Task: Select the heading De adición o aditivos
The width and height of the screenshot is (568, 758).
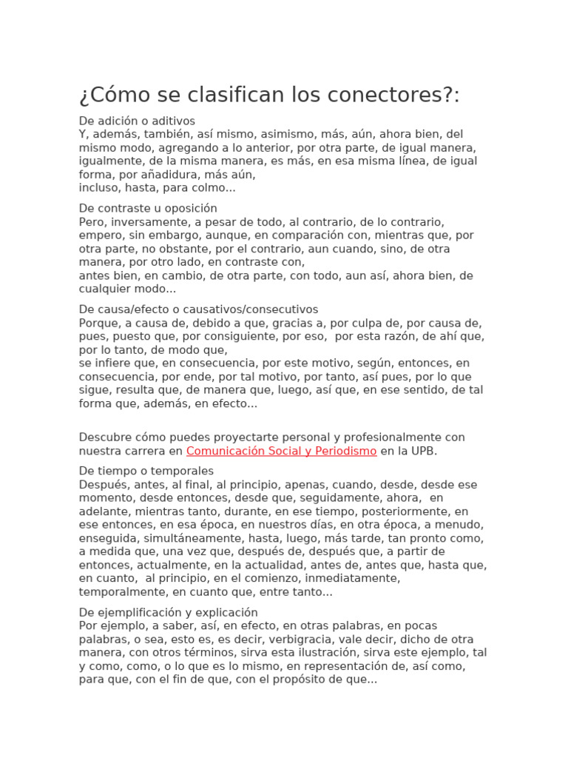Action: tap(137, 121)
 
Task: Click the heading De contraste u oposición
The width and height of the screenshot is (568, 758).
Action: tap(148, 208)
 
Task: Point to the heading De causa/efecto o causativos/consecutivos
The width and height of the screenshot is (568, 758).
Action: tap(198, 309)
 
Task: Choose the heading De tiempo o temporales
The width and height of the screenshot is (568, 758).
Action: tap(146, 471)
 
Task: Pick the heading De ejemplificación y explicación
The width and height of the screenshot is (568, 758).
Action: tap(169, 612)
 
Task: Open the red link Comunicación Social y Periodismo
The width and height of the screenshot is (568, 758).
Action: tap(282, 451)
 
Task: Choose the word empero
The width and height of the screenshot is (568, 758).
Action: tap(101, 235)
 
